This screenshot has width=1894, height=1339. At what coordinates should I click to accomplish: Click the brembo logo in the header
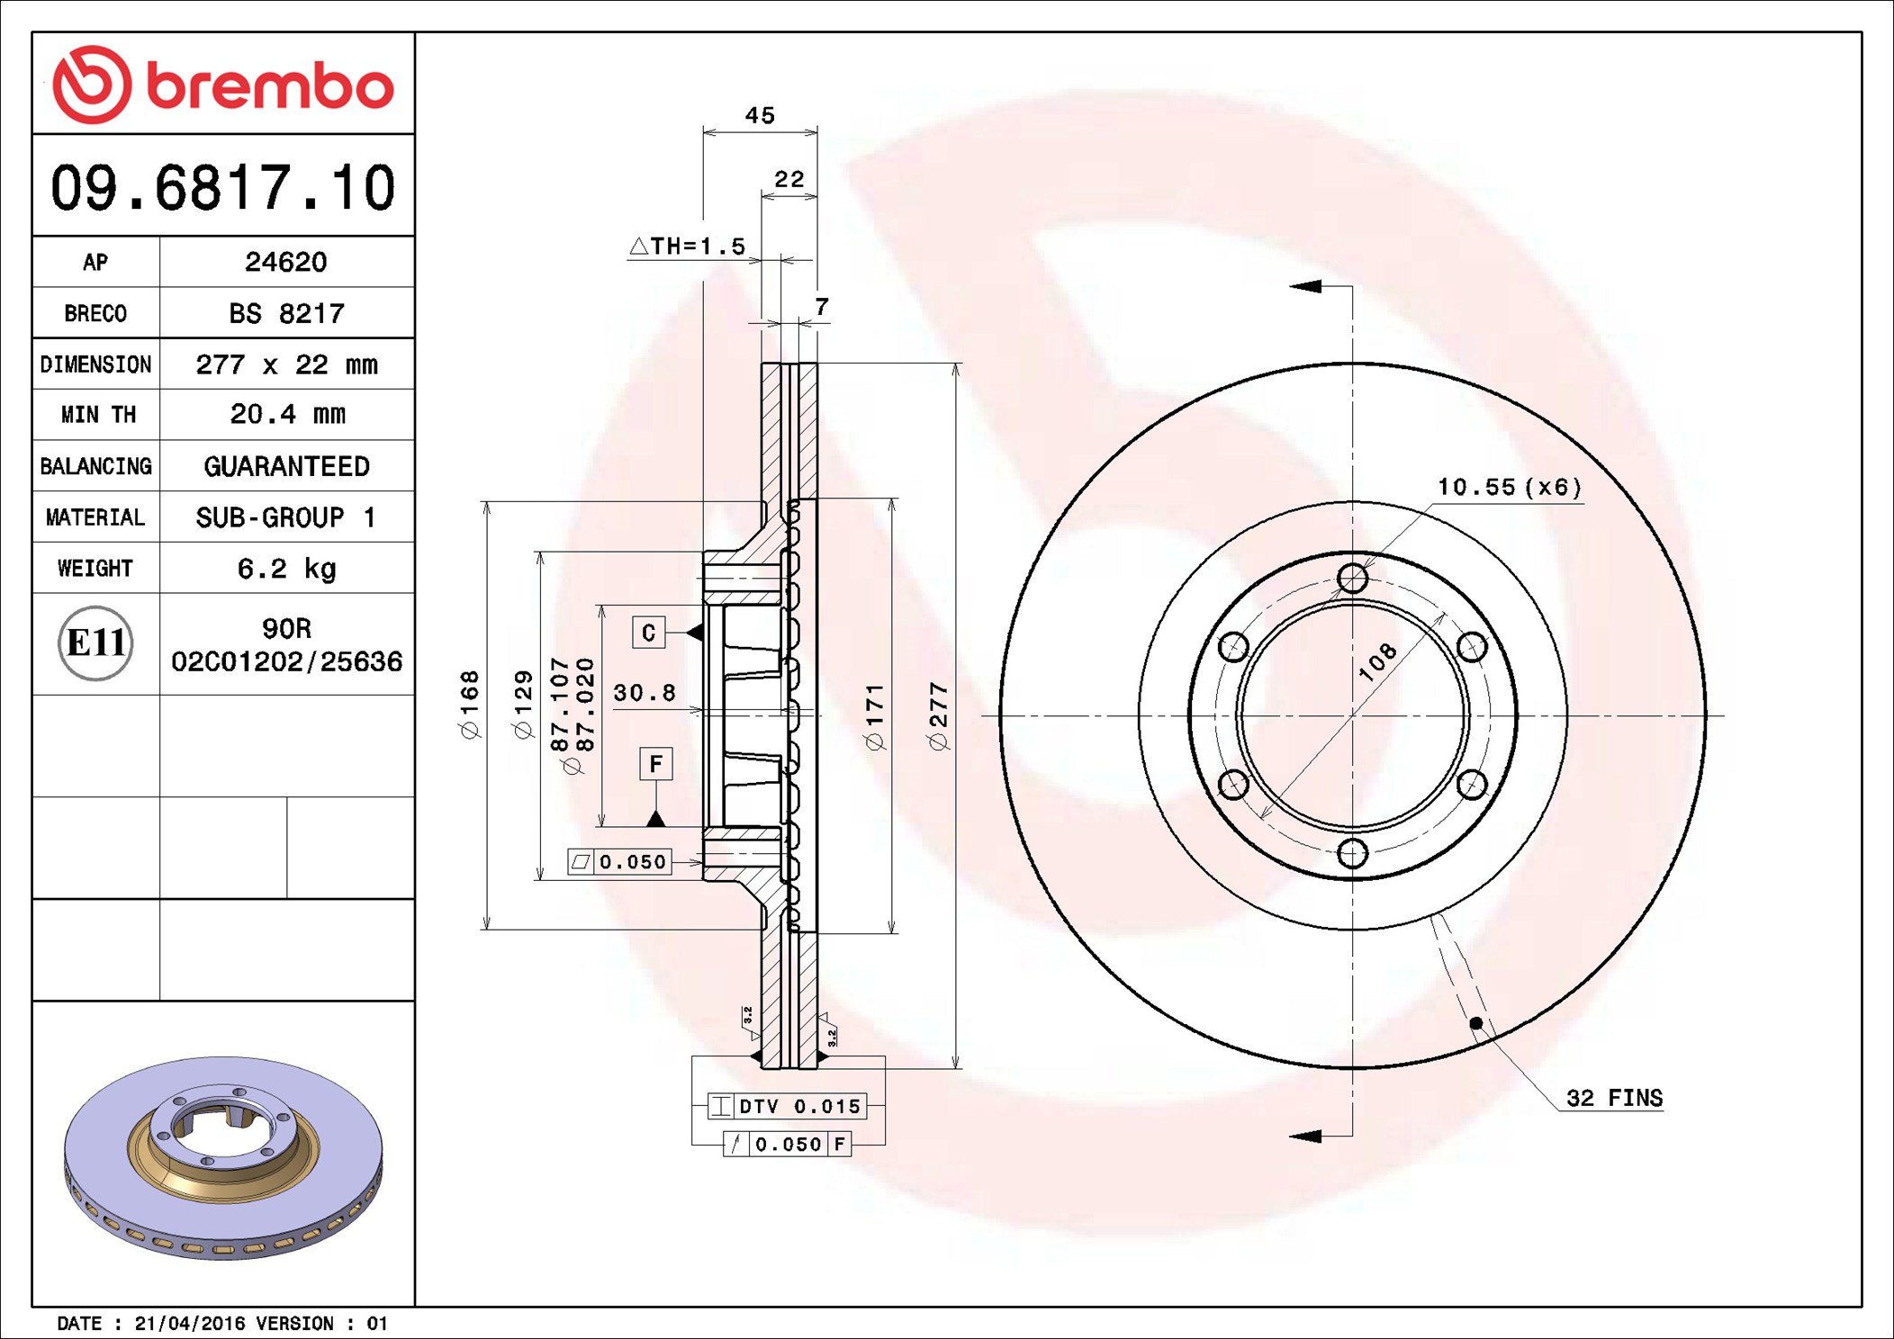pyautogui.click(x=223, y=85)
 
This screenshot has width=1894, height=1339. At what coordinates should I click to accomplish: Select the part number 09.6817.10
pyautogui.click(x=222, y=188)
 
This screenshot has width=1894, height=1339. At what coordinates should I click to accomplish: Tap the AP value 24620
pyautogui.click(x=286, y=262)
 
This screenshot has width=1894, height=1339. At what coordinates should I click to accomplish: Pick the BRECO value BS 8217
pyautogui.click(x=286, y=313)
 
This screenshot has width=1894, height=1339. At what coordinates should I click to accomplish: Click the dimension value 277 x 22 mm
pyautogui.click(x=286, y=364)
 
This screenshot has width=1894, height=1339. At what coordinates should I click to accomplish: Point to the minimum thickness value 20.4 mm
pyautogui.click(x=287, y=414)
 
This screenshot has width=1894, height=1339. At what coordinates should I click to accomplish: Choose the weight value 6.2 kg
pyautogui.click(x=286, y=569)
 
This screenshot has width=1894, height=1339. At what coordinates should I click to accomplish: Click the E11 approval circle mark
pyautogui.click(x=95, y=643)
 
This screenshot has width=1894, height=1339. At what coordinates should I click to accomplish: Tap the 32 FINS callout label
pyautogui.click(x=1614, y=1098)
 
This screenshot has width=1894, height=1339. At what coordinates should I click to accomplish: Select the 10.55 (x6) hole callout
pyautogui.click(x=1509, y=487)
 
